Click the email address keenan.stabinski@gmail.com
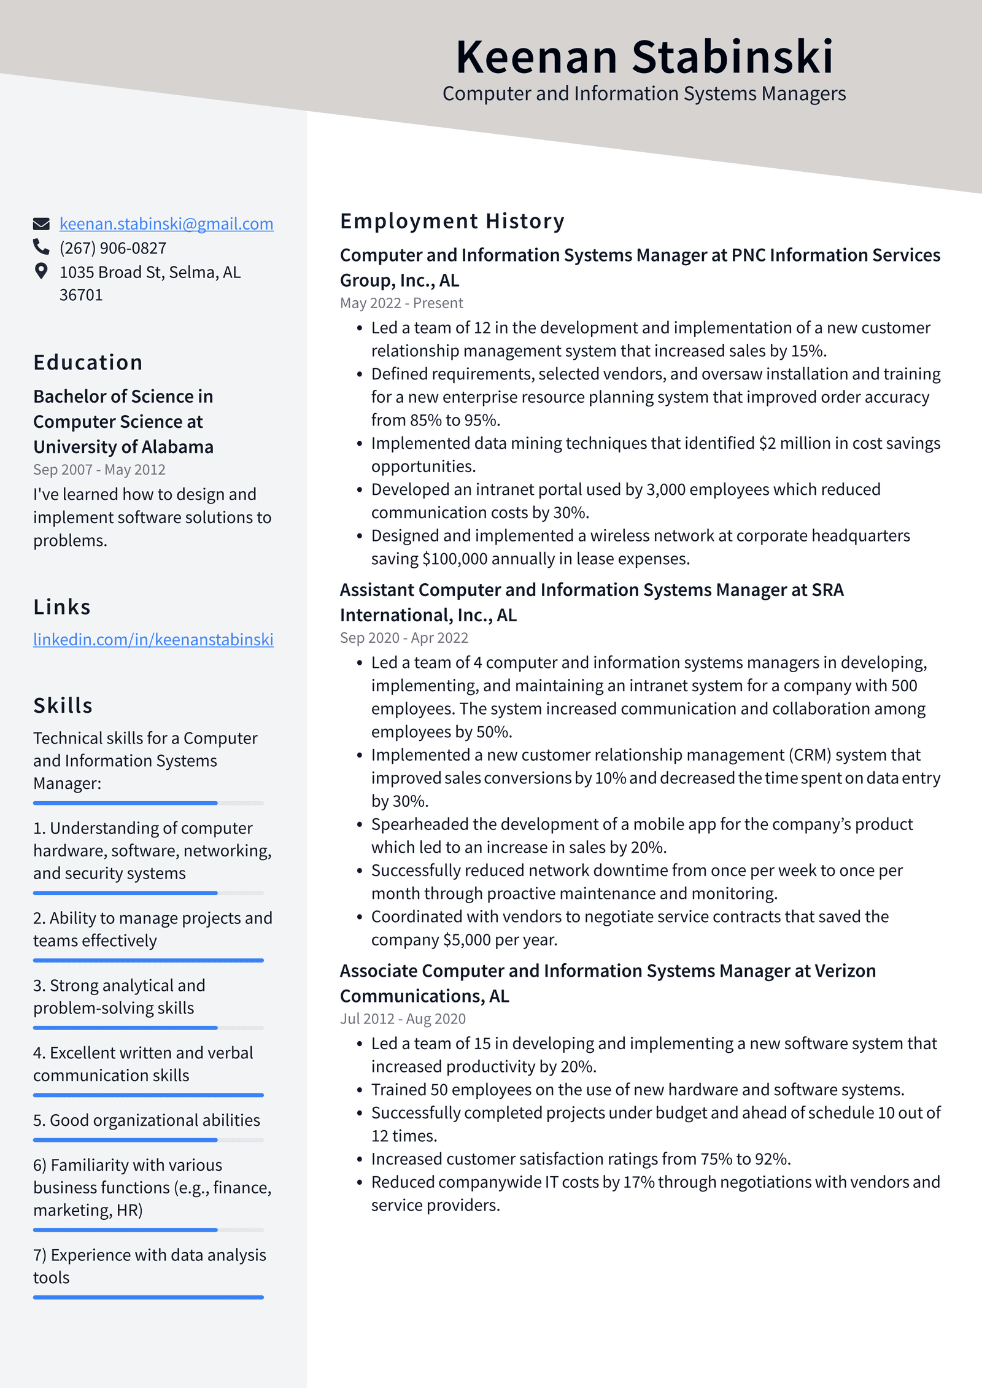point(166,224)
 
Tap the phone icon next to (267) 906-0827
point(41,247)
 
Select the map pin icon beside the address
point(41,271)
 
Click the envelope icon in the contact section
point(41,224)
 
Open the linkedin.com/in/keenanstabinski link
point(153,640)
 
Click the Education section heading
point(88,363)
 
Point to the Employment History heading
point(452,221)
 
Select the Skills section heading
point(63,705)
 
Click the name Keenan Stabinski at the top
point(644,57)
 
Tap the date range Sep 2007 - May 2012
point(99,470)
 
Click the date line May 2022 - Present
point(401,303)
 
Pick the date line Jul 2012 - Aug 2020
point(403,1019)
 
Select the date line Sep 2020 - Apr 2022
point(404,638)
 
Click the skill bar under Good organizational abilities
point(148,1140)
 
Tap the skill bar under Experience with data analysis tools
point(148,1297)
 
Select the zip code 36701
point(80,295)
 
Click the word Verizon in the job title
point(845,971)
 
